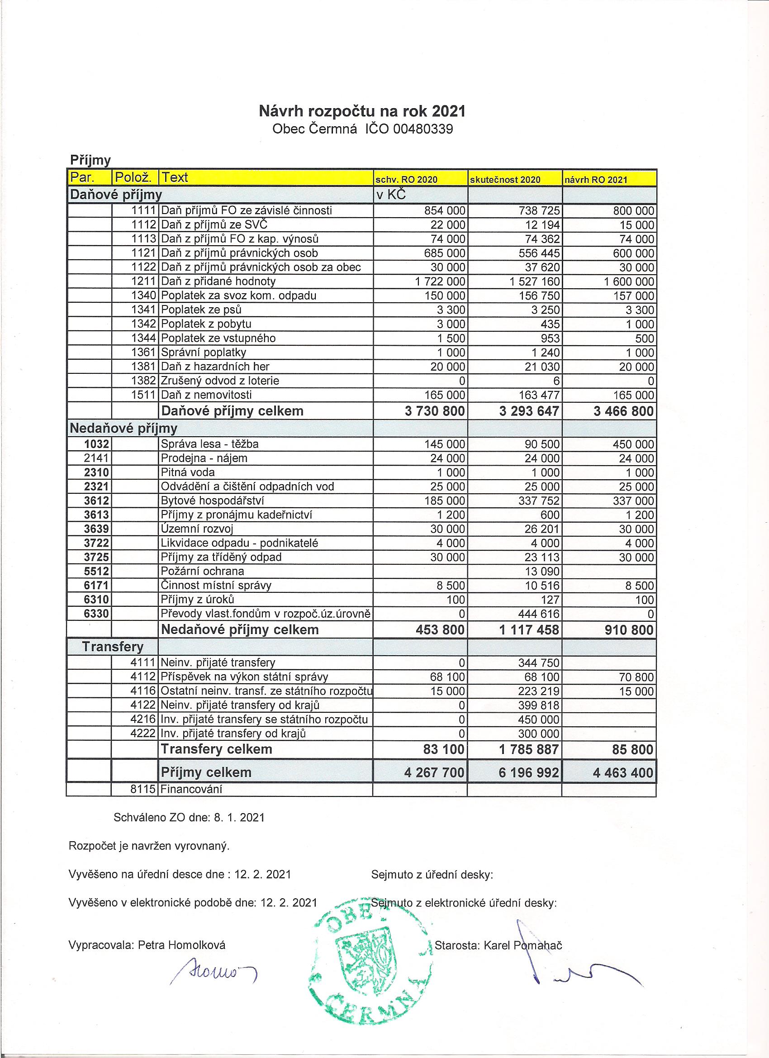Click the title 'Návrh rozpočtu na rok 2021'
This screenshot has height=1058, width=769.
point(362,111)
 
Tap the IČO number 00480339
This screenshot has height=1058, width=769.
point(423,129)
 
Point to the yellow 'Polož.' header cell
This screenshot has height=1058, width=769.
point(134,178)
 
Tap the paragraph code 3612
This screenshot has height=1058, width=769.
point(97,501)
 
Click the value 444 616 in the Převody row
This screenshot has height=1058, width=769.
point(539,614)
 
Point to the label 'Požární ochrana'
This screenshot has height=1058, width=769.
point(202,572)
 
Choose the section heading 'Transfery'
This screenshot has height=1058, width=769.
point(112,647)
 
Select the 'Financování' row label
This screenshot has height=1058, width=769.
point(191,789)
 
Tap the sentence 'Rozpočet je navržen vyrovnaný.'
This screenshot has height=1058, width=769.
point(149,846)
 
